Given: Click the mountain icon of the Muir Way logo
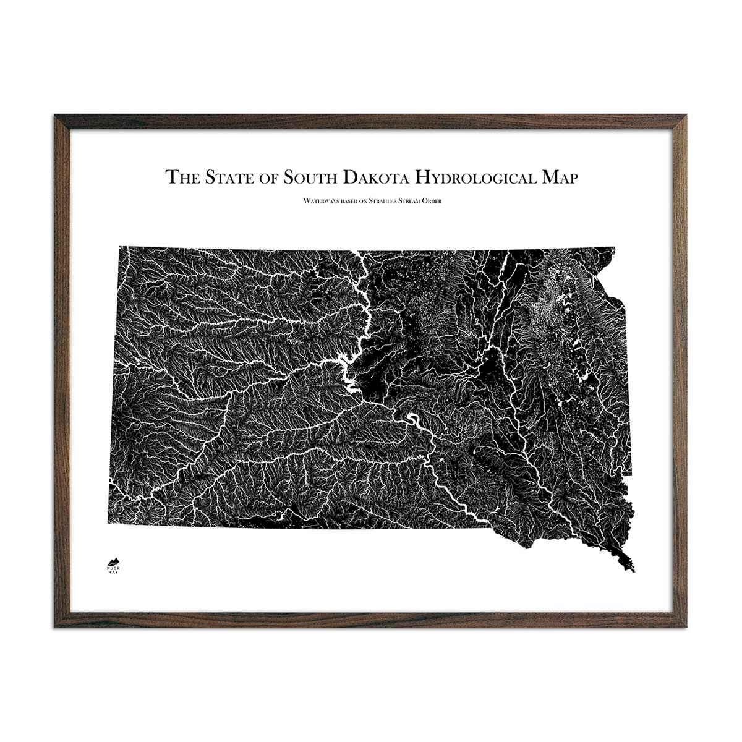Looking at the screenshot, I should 113,558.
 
